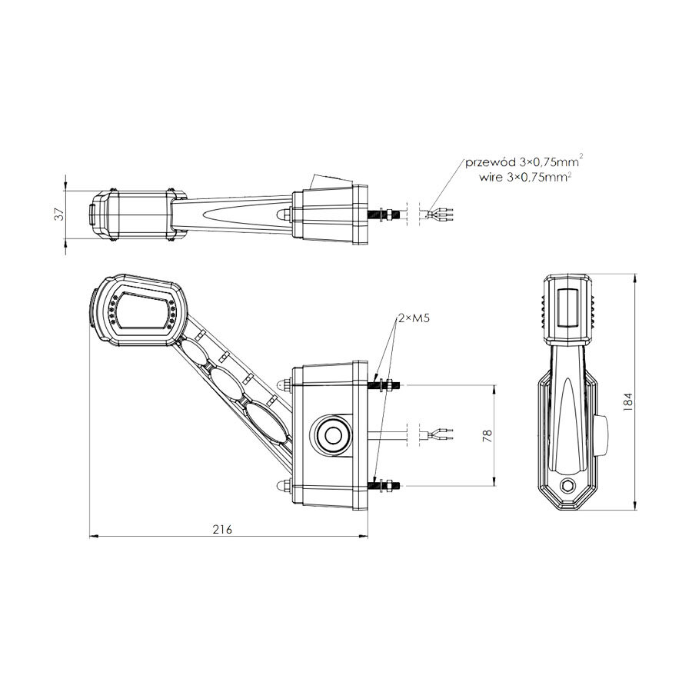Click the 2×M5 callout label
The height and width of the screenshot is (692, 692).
tap(414, 318)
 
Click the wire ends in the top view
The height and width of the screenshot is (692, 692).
tap(442, 213)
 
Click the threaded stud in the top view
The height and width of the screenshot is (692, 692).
tap(384, 213)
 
